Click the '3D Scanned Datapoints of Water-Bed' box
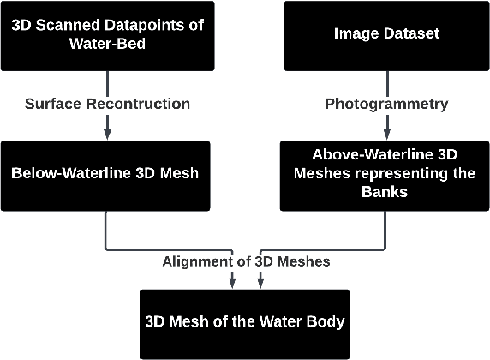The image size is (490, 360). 107,35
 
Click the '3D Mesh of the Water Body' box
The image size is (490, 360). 244,323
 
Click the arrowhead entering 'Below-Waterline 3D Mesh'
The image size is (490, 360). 107,135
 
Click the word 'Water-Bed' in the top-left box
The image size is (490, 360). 107,45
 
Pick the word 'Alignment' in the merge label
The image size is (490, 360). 193,261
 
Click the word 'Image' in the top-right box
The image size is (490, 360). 355,35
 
